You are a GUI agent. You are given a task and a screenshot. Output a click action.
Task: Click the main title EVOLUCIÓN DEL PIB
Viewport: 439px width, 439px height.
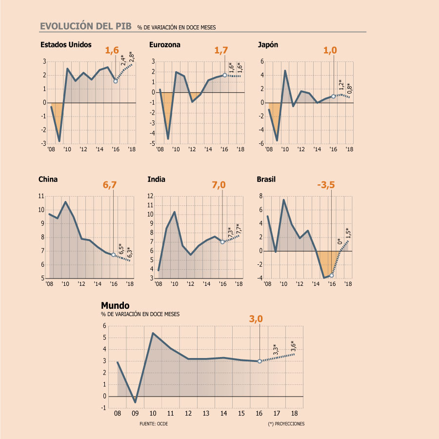tap(86, 26)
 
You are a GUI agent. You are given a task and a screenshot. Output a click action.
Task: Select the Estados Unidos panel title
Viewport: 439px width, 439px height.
tap(66, 45)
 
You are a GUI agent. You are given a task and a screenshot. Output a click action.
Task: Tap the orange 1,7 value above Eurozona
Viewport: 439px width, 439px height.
tap(221, 50)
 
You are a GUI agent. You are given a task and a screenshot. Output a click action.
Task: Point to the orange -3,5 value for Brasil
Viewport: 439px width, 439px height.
tap(326, 185)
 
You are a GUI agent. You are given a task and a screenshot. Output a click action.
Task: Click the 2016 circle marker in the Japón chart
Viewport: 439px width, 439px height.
tap(334, 96)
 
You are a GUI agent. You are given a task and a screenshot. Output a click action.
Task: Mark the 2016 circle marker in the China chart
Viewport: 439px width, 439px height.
tap(113, 255)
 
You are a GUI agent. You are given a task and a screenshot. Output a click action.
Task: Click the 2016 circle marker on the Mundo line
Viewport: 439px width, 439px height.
tap(259, 361)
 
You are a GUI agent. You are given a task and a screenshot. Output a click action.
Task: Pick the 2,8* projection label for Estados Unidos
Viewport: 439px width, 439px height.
tap(132, 57)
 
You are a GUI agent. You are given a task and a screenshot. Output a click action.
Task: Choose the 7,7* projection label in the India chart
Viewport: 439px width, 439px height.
tap(239, 229)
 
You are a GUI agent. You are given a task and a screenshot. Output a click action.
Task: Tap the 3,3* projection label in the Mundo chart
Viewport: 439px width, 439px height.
tap(276, 349)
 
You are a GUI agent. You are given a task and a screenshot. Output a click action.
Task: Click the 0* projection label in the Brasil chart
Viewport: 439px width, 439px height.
tap(339, 241)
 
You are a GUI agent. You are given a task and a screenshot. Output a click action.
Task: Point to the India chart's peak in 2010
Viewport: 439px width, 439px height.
tap(175, 212)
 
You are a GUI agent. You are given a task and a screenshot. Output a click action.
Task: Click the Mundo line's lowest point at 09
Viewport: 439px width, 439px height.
tap(135, 402)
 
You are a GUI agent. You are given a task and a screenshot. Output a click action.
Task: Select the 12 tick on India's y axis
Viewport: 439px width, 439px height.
tap(150, 196)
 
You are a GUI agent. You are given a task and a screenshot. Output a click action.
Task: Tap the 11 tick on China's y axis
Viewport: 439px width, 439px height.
tap(41, 196)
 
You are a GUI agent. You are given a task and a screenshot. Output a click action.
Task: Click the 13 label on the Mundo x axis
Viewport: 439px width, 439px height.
tap(206, 413)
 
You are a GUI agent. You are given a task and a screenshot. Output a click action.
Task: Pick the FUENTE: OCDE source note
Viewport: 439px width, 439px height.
tap(154, 424)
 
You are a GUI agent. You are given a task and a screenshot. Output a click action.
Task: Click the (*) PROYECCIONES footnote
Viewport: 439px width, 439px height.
tap(286, 424)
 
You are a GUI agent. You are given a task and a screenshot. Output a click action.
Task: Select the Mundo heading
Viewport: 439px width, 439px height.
tap(115, 305)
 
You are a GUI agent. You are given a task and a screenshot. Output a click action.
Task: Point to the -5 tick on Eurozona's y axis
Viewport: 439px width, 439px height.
tap(152, 143)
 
